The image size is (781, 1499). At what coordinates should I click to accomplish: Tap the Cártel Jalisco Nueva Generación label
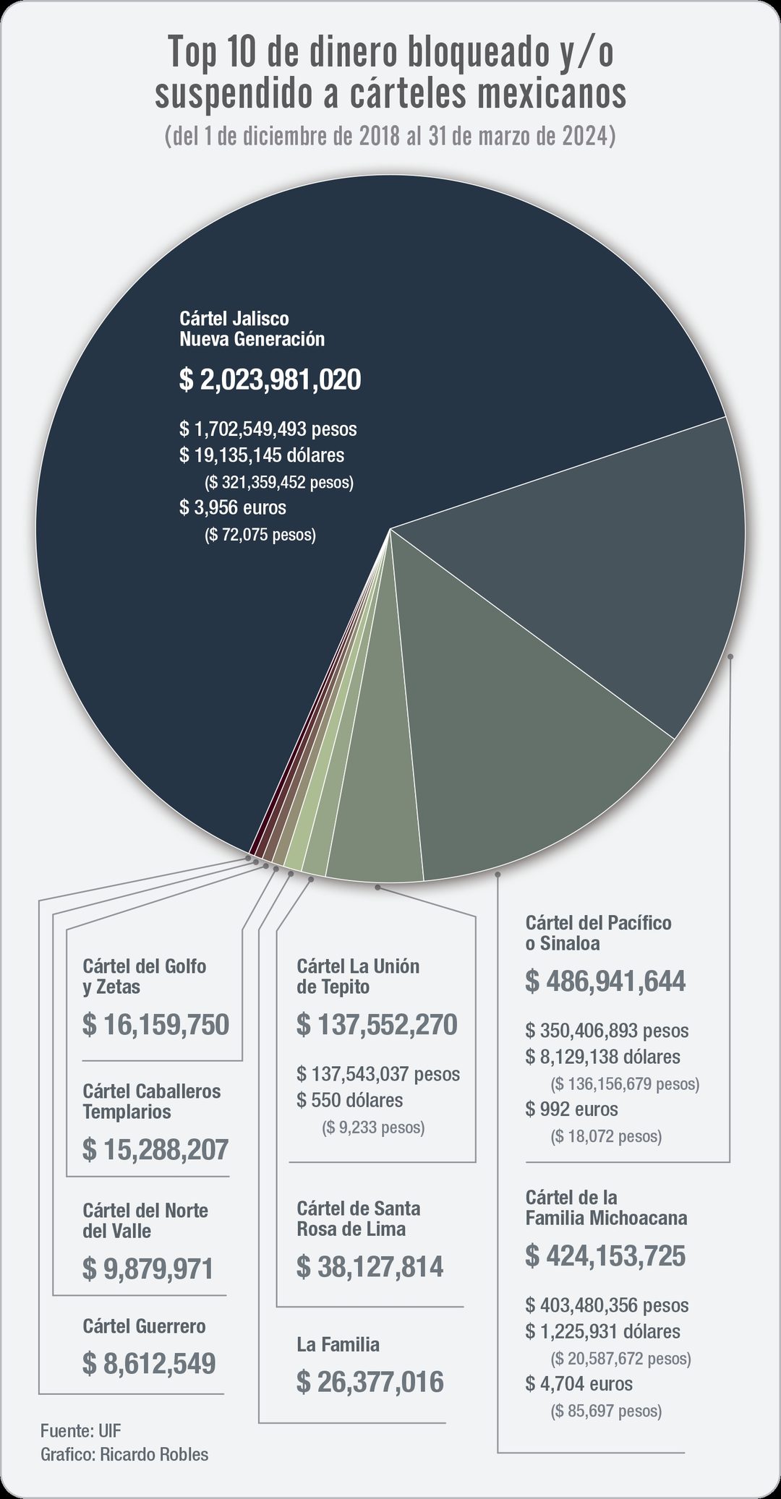252,329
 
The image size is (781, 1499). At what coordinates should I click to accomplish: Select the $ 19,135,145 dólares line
262,455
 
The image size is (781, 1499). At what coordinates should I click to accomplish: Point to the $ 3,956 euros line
233,507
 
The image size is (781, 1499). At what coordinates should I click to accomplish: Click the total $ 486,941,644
605,981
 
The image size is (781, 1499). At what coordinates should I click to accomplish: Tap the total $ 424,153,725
605,1255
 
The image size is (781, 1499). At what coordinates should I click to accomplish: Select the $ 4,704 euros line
579,1383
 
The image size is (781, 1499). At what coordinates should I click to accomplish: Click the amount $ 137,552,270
377,1024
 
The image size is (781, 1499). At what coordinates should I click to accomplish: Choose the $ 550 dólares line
350,1100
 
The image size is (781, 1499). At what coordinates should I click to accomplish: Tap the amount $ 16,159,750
155,1024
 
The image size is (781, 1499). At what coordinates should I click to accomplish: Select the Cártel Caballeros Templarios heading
152,1101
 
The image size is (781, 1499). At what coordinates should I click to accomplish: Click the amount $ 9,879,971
148,1268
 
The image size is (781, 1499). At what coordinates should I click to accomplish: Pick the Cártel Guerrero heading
144,1326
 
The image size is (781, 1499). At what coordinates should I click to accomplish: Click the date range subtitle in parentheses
390,136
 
